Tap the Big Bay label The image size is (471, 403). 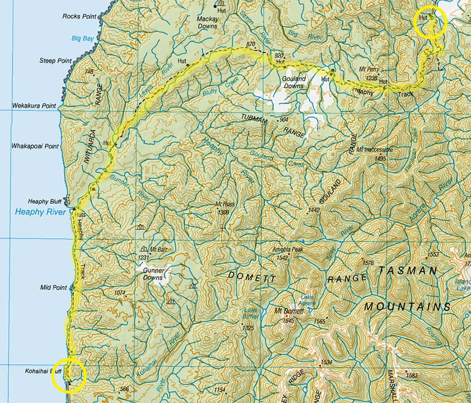83,38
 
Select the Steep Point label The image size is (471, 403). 55,61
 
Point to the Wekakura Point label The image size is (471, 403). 35,106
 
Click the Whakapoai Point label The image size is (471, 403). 35,147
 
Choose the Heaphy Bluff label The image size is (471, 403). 45,201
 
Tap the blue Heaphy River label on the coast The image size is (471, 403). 40,212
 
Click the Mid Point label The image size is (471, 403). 53,287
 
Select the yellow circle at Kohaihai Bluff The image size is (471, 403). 69,374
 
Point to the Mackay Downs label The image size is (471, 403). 207,22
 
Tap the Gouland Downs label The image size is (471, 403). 294,82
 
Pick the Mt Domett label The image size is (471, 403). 289,311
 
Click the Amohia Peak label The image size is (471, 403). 287,250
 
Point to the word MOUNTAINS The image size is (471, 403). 407,306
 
